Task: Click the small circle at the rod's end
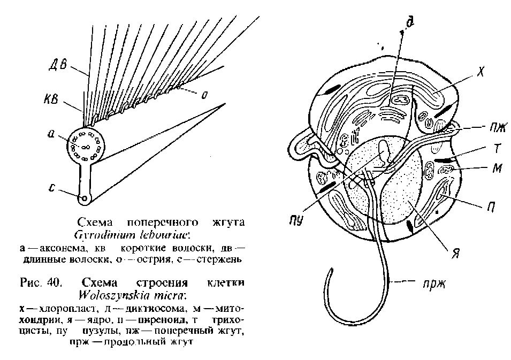click(83, 199)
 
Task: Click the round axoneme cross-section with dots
click(86, 146)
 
